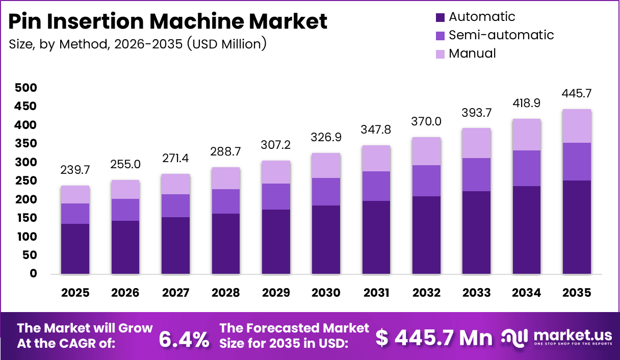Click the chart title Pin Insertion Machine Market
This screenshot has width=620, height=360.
pos(168,21)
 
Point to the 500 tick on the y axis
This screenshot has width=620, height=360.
pos(25,88)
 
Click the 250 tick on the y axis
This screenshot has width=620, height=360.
pos(25,181)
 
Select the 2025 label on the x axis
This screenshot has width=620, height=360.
pos(75,293)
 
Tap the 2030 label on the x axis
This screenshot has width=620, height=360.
pos(326,293)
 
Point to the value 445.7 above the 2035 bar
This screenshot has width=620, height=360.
pos(577,94)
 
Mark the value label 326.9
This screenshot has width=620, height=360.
pos(326,138)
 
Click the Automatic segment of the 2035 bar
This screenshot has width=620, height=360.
pos(577,227)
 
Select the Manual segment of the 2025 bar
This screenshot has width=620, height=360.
pos(75,194)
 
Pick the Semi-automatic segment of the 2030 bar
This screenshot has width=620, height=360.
pos(326,192)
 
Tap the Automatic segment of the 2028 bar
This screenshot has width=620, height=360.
pos(226,244)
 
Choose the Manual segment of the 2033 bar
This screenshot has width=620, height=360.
pos(476,143)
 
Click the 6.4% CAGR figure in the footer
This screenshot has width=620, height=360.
pos(184,339)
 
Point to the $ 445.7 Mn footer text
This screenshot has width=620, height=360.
pos(434,338)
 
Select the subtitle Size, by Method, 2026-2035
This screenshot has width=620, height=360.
pos(138,44)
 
